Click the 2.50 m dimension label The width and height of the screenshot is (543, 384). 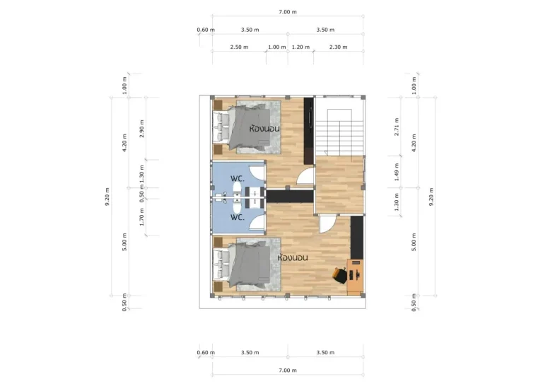pos(239,47)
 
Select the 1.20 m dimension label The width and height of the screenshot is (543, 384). pos(300,47)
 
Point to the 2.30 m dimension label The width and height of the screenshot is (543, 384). pos(339,47)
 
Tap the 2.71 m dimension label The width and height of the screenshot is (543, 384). pos(397,127)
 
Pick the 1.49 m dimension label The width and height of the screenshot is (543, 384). pos(397,172)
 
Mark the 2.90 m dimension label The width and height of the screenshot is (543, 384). pos(141,129)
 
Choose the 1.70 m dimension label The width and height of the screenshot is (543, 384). pos(141,217)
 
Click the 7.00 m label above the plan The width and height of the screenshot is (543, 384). pos(288,12)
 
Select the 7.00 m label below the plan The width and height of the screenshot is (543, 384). pos(288,371)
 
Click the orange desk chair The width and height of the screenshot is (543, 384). pos(340,275)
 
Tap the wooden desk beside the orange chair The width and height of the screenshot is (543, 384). pos(356,277)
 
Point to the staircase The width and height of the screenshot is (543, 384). pos(339,127)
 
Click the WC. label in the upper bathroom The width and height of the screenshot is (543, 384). pos(238,179)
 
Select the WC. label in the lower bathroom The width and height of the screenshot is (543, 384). pos(238,218)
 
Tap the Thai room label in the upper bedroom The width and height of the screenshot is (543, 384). pos(264,129)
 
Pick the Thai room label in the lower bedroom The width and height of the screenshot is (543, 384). pos(293,257)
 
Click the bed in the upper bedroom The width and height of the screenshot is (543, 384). pos(247,127)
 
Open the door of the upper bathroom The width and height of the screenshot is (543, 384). pos(257,171)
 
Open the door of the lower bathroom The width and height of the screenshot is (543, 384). pos(257,221)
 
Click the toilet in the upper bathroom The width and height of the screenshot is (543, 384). pos(238,189)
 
